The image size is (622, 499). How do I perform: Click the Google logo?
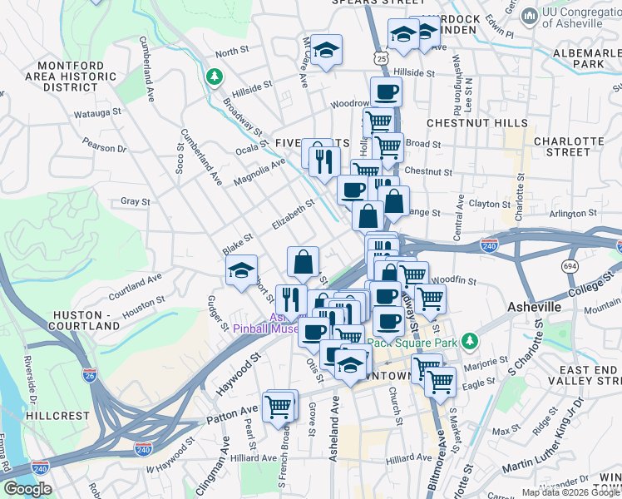pyautogui.click(x=27, y=489)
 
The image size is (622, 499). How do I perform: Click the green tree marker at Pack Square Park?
pyautogui.click(x=470, y=341)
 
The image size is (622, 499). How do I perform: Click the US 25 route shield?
pyautogui.click(x=380, y=58)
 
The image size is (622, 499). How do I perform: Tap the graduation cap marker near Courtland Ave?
pyautogui.click(x=242, y=271)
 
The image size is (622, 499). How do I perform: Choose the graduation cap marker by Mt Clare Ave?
pyautogui.click(x=327, y=50)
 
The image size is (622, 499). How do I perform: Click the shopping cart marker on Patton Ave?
pyautogui.click(x=279, y=407)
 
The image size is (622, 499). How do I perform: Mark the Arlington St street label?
pyautogui.click(x=568, y=214)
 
